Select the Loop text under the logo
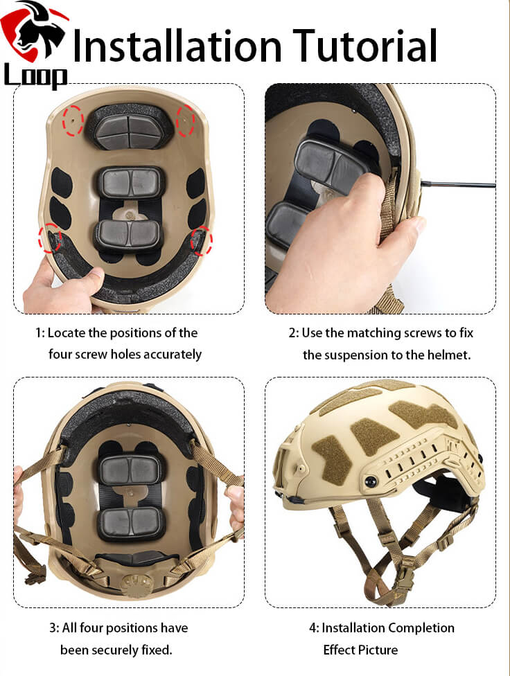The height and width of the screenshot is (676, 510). pyautogui.click(x=35, y=77)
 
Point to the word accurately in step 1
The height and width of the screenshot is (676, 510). pyautogui.click(x=169, y=355)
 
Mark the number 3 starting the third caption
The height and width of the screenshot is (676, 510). pyautogui.click(x=53, y=628)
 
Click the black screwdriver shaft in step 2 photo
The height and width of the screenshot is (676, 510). pyautogui.click(x=457, y=184)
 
